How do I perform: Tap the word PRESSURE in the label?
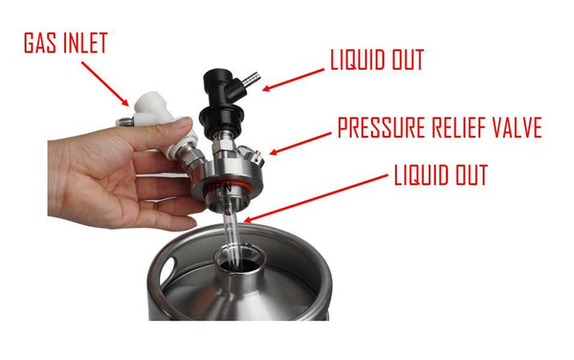381,128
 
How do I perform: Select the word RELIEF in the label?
460,128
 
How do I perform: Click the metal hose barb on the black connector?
251,75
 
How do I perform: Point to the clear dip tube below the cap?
234,230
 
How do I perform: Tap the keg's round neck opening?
235,262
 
